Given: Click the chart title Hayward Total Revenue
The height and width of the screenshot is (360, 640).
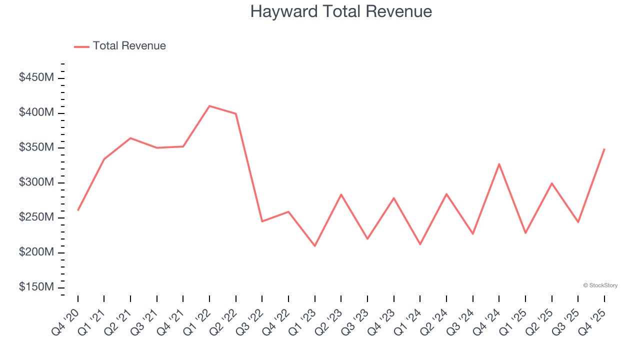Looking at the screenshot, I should [x=341, y=11].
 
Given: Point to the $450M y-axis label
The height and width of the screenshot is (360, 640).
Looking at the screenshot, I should [x=36, y=78].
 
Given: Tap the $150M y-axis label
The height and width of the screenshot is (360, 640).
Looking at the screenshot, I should [x=36, y=287].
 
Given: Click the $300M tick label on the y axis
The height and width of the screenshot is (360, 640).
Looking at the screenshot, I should [x=36, y=182].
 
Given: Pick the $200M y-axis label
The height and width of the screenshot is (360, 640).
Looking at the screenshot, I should [x=36, y=252].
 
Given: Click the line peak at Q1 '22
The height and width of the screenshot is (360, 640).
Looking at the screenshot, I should [x=209, y=106].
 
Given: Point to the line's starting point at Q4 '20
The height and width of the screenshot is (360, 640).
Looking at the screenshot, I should [x=78, y=210].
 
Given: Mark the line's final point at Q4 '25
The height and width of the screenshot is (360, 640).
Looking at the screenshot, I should [x=604, y=149].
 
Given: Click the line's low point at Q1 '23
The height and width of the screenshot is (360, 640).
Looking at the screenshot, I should [x=315, y=246].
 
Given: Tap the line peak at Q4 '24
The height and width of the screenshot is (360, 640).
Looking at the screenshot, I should [x=499, y=164].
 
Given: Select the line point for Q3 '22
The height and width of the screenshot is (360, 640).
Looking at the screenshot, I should [x=262, y=221].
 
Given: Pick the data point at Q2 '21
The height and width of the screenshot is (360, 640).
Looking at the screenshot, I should [x=130, y=138].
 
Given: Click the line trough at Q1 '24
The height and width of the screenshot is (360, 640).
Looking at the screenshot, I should [x=420, y=244].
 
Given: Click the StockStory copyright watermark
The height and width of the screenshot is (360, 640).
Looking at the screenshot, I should [x=600, y=285].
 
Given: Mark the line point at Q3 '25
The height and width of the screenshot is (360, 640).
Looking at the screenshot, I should [x=578, y=222].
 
